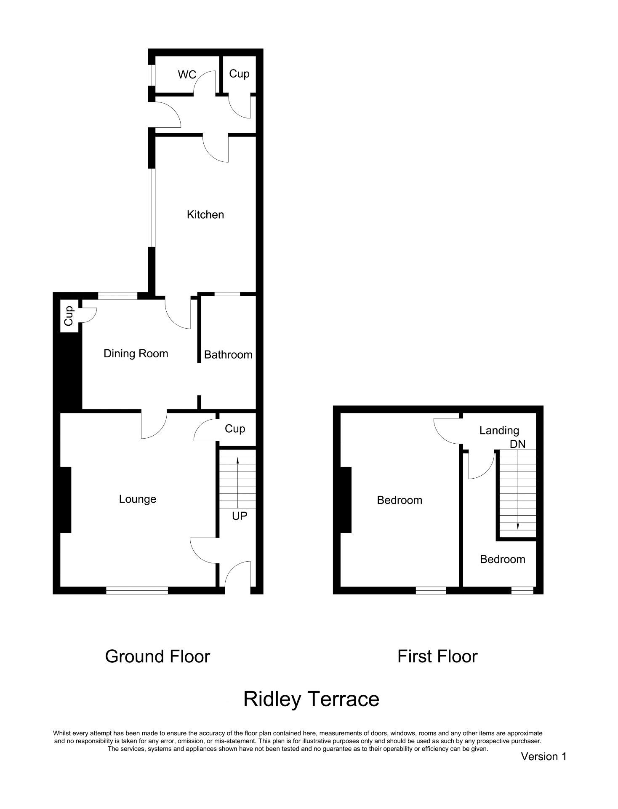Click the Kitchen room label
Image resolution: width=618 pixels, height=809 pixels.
coord(205,214)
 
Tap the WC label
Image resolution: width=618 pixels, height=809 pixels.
coord(187,75)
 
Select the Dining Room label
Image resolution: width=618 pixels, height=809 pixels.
coord(136,354)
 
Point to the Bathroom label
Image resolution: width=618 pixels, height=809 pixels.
coord(228,355)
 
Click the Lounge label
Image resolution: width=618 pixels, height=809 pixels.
coord(137,499)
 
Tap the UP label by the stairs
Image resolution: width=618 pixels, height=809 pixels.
coord(240,516)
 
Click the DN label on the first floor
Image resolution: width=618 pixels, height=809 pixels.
coord(517,444)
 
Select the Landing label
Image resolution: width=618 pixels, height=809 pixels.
coord(499,430)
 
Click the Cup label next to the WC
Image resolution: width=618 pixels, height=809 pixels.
coord(239,74)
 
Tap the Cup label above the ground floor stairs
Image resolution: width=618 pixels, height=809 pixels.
coord(234,429)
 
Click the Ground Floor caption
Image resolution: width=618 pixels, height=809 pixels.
coord(157,656)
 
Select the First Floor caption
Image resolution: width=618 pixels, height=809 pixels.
coord(437,656)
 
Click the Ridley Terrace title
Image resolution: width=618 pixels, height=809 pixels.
coord(311,699)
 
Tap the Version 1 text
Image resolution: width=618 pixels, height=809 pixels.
coord(543,756)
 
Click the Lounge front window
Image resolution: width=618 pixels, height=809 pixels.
coord(137,590)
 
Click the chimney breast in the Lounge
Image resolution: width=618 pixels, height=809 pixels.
coord(66,500)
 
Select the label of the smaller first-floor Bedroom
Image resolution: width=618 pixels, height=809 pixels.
coord(502,559)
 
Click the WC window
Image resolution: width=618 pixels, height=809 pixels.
coord(152,75)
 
